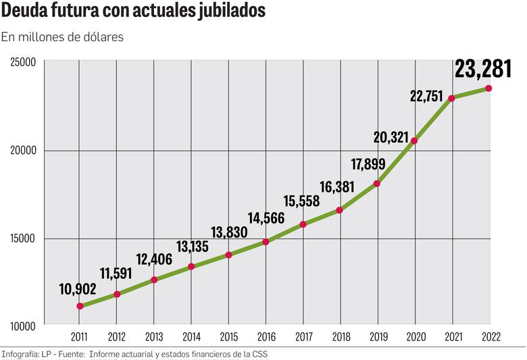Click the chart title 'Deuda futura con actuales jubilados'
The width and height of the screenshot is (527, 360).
pyautogui.click(x=133, y=11)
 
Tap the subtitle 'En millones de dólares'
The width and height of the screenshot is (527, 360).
pyautogui.click(x=62, y=37)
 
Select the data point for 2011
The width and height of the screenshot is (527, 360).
pyautogui.click(x=80, y=306)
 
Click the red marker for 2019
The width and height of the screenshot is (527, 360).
pyautogui.click(x=377, y=183)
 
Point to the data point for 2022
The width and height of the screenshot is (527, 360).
pyautogui.click(x=488, y=88)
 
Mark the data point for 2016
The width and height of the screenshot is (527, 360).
pyautogui.click(x=266, y=241)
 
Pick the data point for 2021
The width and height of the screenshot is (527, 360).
pyautogui.click(x=451, y=98)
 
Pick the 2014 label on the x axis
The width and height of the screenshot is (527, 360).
pyautogui.click(x=191, y=337)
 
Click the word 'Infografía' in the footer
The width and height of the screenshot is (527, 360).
pyautogui.click(x=20, y=354)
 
